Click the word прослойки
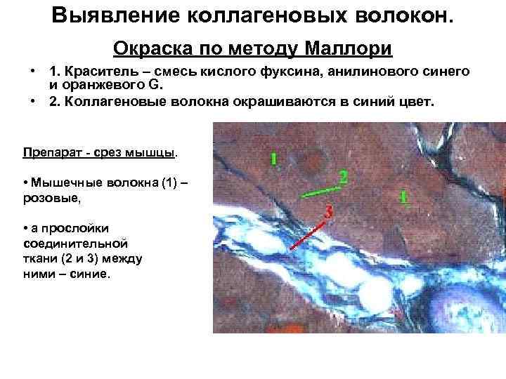(x=70, y=229)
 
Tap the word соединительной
(x=74, y=244)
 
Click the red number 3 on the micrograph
(x=329, y=210)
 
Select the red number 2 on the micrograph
(x=343, y=176)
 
